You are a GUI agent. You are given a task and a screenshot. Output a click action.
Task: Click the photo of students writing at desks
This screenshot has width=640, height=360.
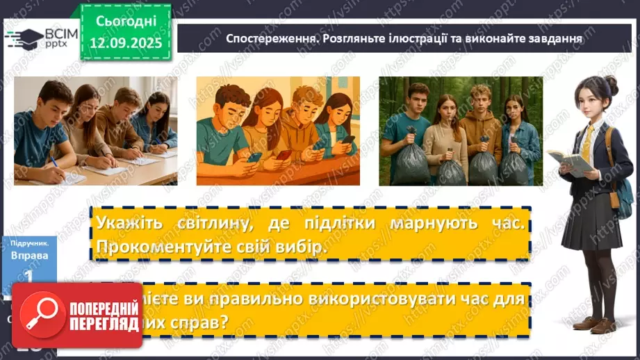click(95, 131)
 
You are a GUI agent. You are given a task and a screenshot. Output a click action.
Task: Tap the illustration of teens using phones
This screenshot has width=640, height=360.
click(278, 131)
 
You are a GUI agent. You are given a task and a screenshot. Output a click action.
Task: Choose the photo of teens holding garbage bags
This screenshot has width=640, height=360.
click(459, 131)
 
